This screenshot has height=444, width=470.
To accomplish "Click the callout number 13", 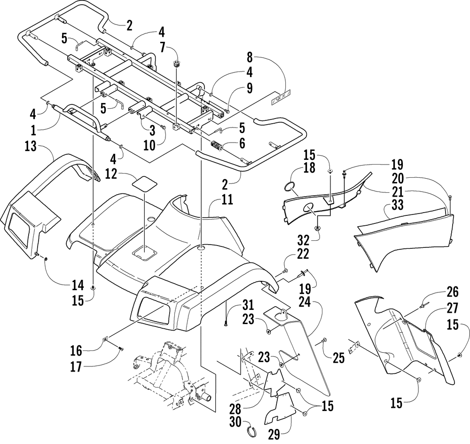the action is [x=31, y=146].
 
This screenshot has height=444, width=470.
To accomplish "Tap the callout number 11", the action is [x=227, y=199].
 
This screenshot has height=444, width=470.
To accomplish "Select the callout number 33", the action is [x=398, y=205].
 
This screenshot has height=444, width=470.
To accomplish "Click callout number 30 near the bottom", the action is [x=235, y=422].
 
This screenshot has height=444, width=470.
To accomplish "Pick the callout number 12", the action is [x=111, y=174].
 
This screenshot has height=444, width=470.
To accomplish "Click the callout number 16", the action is [x=76, y=350].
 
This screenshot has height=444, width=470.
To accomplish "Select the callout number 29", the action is [x=274, y=435].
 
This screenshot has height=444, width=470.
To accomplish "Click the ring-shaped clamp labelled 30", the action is [x=253, y=432].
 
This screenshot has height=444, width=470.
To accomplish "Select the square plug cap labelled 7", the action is [x=176, y=64].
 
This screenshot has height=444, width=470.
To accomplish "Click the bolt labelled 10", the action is [x=163, y=127].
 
